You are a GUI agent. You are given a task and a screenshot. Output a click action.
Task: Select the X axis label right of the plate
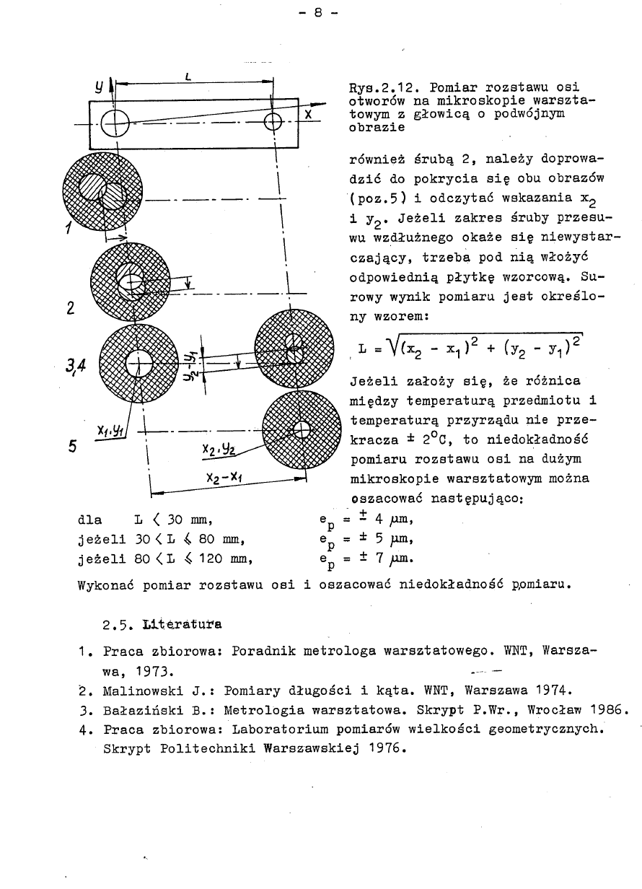[x=308, y=115]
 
